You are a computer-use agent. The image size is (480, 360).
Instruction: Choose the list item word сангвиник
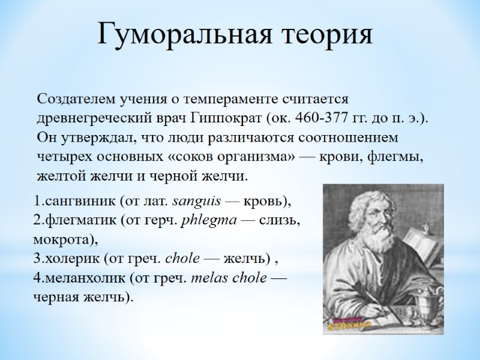[76, 200]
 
